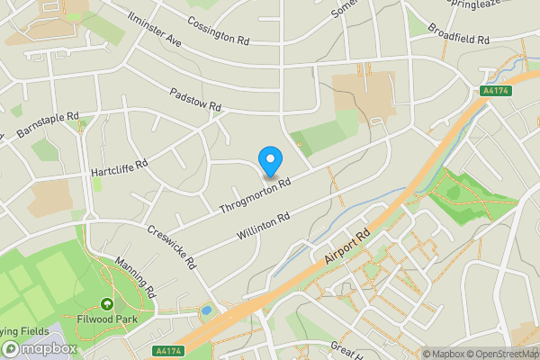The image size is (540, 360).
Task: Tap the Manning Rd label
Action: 136,278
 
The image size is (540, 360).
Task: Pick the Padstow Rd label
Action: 195,100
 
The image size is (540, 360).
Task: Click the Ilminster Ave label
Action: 155,29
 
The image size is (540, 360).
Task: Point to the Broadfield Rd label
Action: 459,40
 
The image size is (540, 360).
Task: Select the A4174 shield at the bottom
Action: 167,351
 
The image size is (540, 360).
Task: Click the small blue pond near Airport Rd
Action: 208,310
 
